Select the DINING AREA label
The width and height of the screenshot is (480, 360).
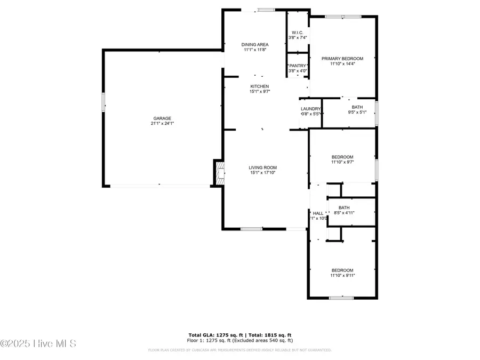pyautogui.click(x=254, y=44)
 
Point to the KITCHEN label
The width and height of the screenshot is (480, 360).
pyautogui.click(x=260, y=86)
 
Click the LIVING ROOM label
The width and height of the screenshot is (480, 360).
pyautogui.click(x=263, y=167)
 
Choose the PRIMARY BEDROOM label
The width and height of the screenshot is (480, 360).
pyautogui.click(x=342, y=59)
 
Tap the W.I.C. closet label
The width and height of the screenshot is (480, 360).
pyautogui.click(x=297, y=32)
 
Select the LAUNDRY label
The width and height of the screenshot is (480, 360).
pyautogui.click(x=310, y=109)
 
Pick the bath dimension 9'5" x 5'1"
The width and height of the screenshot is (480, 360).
pyautogui.click(x=357, y=113)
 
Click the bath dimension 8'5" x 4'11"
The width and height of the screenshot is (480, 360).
pyautogui.click(x=344, y=213)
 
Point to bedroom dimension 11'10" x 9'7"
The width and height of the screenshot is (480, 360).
pyautogui.click(x=342, y=162)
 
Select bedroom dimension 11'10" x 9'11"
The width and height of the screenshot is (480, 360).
pyautogui.click(x=342, y=275)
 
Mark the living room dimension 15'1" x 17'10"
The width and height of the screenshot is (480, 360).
pyautogui.click(x=263, y=173)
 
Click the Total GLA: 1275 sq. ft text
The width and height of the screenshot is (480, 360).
pyautogui.click(x=213, y=335)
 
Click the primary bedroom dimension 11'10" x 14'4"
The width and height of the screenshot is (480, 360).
pyautogui.click(x=342, y=64)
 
